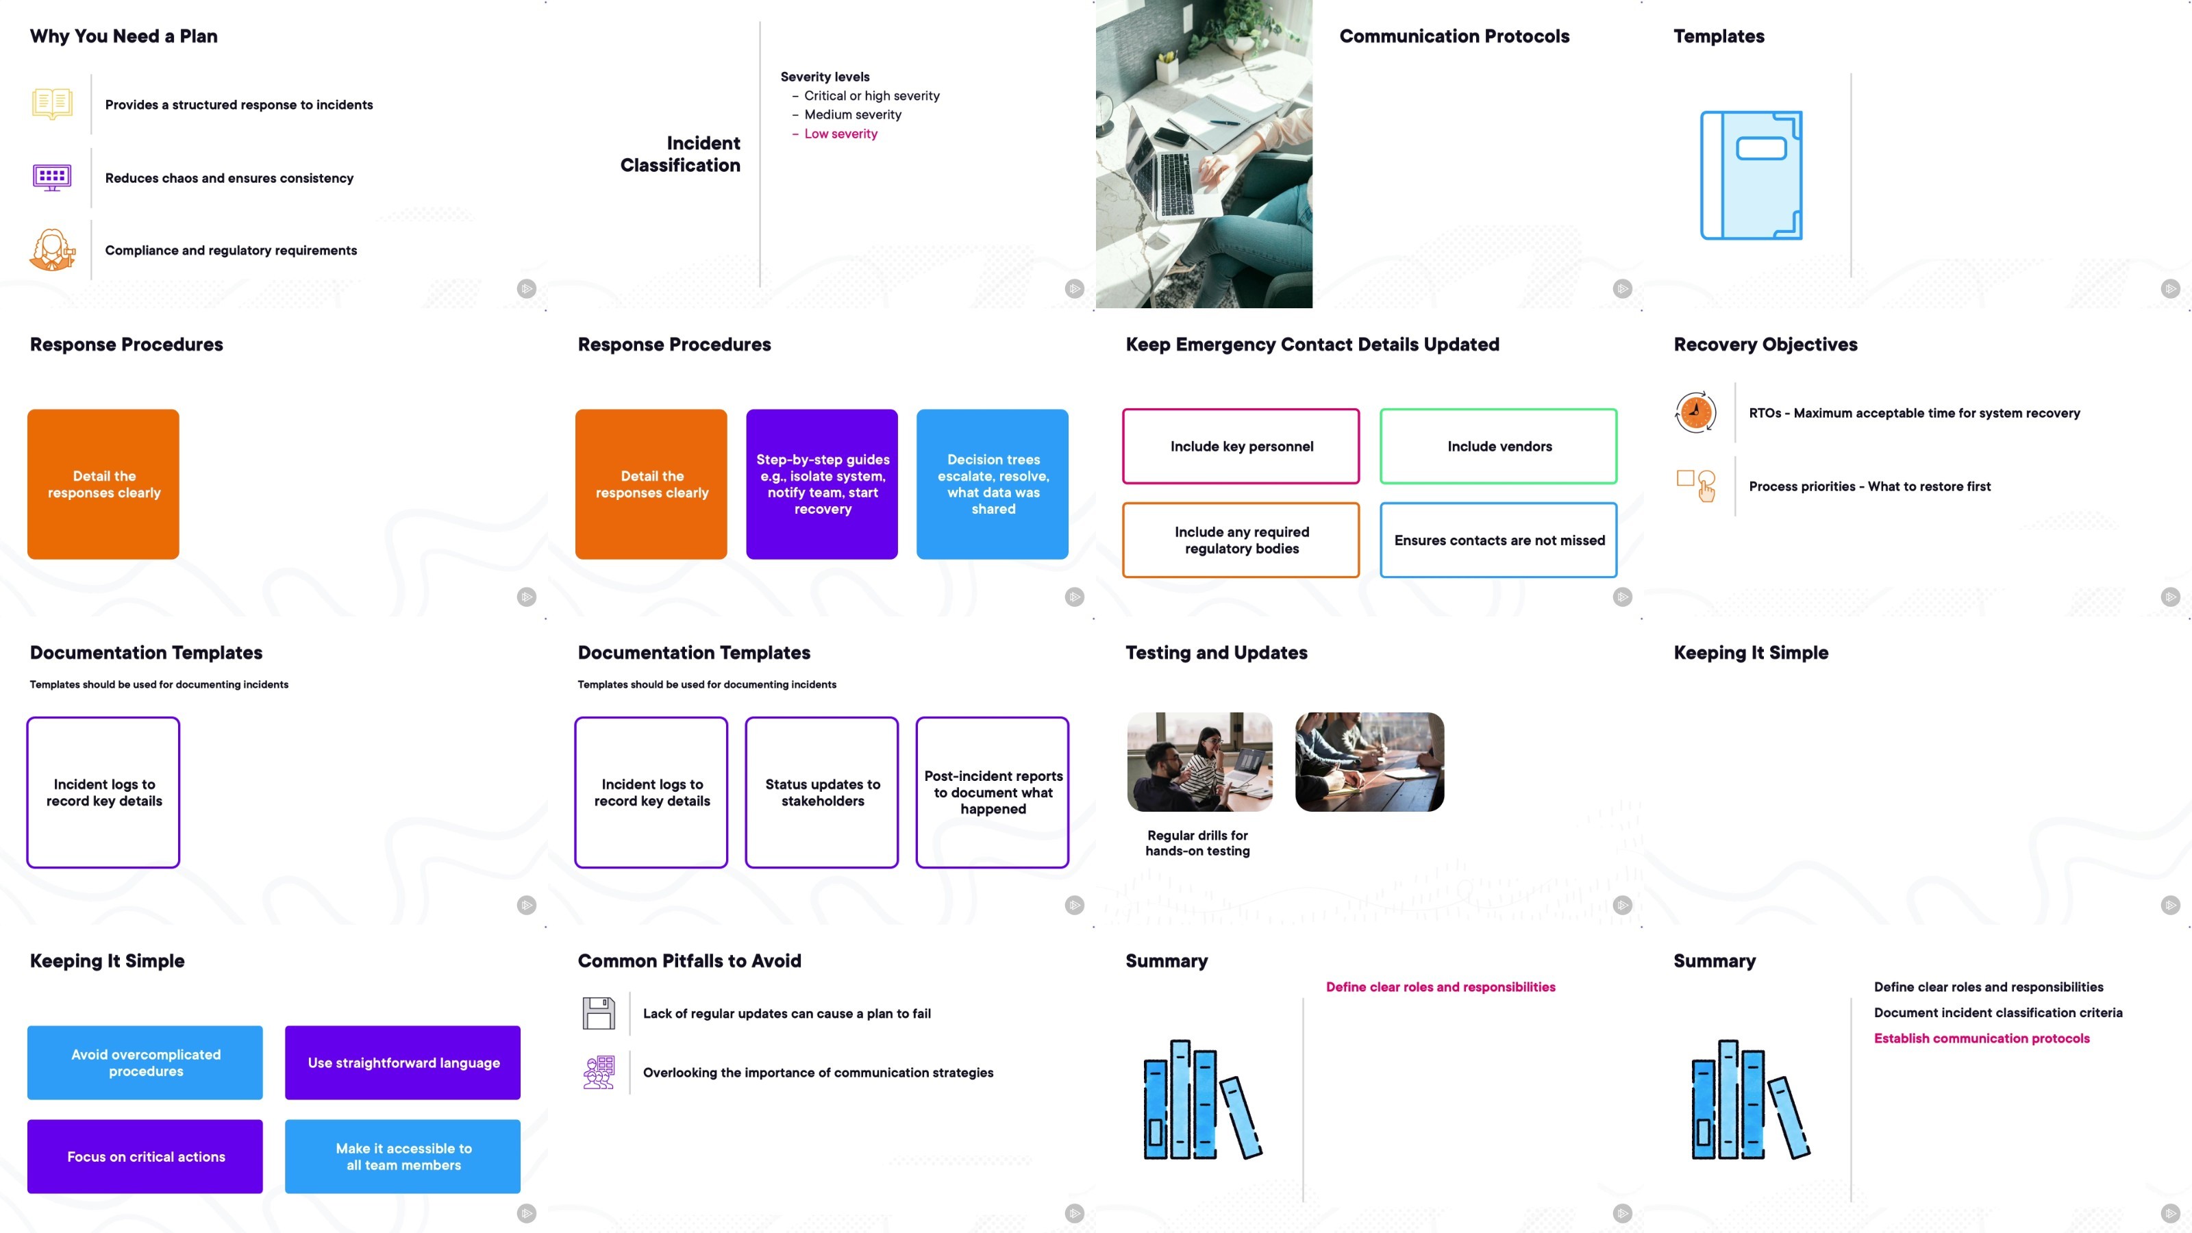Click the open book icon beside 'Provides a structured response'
coord(52,104)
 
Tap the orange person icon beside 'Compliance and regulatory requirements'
coord(52,249)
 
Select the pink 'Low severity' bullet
coord(835,134)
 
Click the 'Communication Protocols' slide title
coord(1454,36)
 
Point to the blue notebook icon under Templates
coord(1752,175)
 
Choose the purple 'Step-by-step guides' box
coord(822,484)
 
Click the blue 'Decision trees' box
coord(992,484)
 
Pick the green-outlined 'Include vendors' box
coord(1499,446)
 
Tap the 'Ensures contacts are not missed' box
coord(1499,540)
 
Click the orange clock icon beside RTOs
coord(1695,412)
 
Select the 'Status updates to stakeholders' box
coord(822,793)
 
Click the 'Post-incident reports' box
coord(992,793)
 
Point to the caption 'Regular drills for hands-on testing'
coord(1197,843)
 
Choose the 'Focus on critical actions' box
coord(145,1156)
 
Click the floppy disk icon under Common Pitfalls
coord(598,1012)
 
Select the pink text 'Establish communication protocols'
coord(1981,1038)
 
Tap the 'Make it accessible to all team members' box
coord(403,1156)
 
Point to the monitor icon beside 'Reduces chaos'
coord(52,177)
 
